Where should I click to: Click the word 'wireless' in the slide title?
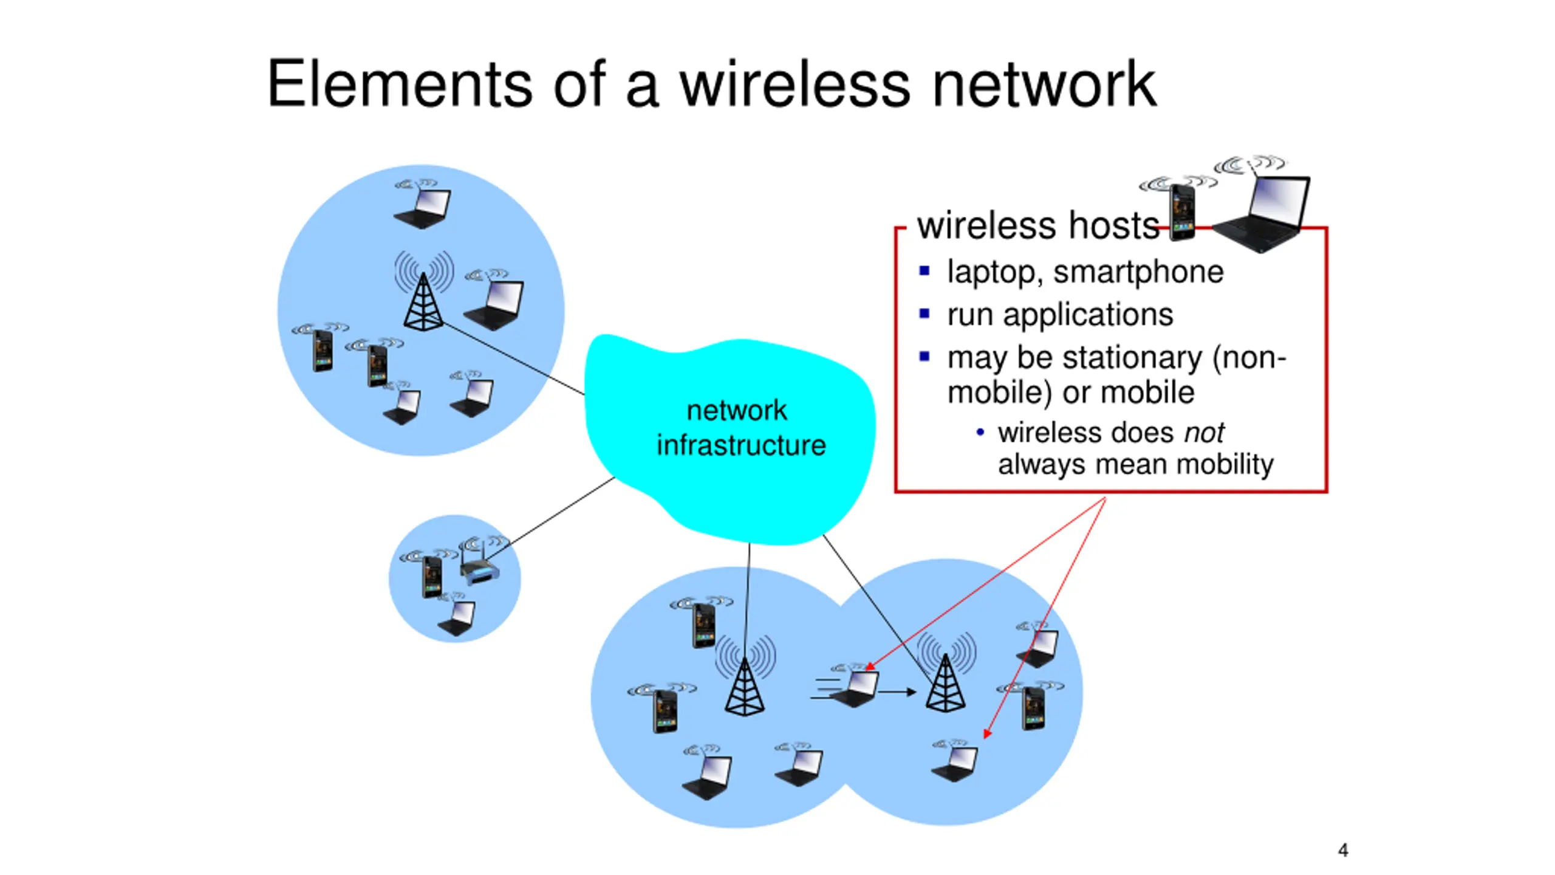point(795,85)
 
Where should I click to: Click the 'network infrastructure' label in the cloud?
point(740,428)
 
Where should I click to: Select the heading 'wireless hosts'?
point(1037,226)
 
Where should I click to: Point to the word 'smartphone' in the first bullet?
point(1138,272)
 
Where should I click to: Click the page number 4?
point(1342,849)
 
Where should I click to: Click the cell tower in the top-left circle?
point(423,301)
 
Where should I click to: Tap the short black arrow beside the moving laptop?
point(897,691)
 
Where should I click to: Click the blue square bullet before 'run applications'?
point(924,314)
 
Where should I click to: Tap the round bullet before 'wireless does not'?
point(980,433)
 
